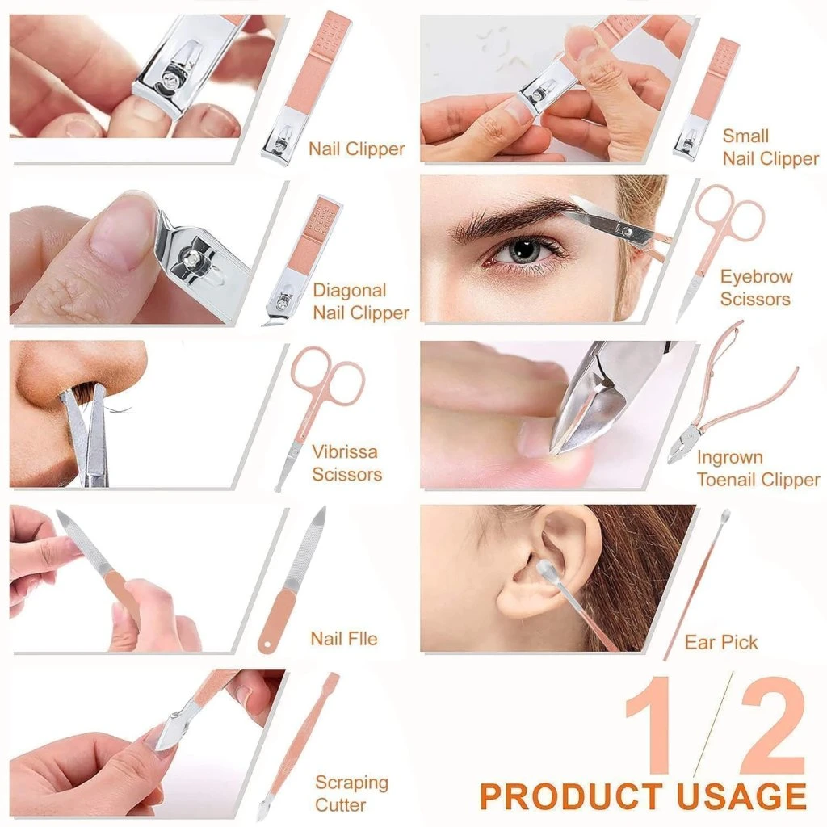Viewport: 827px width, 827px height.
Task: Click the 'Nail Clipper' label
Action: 356,149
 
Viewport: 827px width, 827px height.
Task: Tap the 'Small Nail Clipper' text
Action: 770,147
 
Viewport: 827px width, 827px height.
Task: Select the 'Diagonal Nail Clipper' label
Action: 360,301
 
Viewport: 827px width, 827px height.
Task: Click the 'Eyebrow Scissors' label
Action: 756,288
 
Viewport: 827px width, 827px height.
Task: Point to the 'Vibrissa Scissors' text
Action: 346,463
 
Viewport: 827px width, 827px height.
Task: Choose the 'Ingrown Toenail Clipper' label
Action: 758,468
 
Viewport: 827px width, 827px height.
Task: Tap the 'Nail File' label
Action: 343,639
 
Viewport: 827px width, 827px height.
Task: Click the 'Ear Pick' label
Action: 720,642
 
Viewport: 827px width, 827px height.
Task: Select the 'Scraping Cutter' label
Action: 351,793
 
